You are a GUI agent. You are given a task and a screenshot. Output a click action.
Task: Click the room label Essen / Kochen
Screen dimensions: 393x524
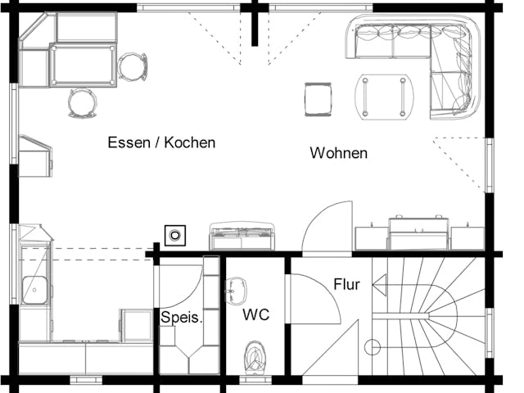[x=161, y=142]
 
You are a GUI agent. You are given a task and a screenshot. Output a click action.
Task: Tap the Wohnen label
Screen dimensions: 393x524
[x=338, y=153]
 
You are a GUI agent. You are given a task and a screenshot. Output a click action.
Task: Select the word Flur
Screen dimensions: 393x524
[x=346, y=285]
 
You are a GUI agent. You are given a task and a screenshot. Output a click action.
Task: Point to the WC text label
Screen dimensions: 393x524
[x=255, y=314]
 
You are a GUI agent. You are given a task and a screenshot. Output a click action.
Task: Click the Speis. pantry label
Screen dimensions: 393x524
[x=181, y=318]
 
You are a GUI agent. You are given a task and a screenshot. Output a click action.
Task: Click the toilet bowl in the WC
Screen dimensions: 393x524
[x=258, y=357]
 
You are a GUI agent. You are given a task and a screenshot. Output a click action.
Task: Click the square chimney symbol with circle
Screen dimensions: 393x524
[x=174, y=237]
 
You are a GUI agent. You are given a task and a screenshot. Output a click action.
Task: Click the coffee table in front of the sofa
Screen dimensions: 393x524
[x=382, y=96]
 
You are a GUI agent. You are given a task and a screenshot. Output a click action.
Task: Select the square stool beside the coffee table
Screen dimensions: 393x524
[x=318, y=99]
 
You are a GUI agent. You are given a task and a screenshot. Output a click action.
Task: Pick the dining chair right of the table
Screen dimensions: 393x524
[x=132, y=66]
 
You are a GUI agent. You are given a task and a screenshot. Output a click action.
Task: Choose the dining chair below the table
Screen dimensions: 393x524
[x=82, y=102]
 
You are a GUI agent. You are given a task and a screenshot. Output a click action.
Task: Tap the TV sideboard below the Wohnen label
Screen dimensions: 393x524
[x=419, y=233]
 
